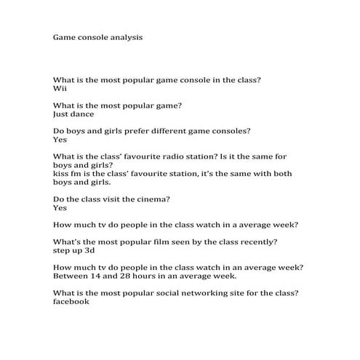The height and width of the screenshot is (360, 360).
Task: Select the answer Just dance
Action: click(x=73, y=113)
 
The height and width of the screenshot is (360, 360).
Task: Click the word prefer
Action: click(x=135, y=131)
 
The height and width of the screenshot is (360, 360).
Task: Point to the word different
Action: click(x=171, y=131)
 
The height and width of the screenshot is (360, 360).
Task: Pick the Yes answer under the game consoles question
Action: click(x=60, y=140)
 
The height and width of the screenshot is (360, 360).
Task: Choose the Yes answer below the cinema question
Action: click(x=60, y=207)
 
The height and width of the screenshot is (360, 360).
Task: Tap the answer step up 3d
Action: click(x=74, y=249)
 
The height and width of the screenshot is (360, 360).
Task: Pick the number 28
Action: click(x=129, y=276)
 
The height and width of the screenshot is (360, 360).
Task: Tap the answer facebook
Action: click(x=71, y=302)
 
